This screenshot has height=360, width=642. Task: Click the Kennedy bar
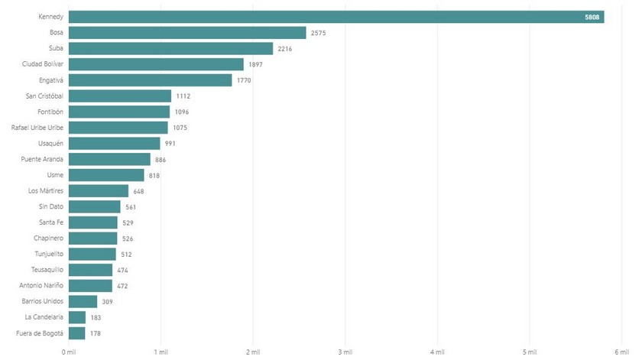pyautogui.click(x=336, y=17)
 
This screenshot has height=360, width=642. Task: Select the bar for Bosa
pyautogui.click(x=187, y=33)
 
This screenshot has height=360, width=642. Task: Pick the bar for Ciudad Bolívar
pyautogui.click(x=156, y=64)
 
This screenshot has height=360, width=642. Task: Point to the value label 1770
pyautogui.click(x=244, y=80)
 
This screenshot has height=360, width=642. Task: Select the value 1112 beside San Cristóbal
pyautogui.click(x=183, y=96)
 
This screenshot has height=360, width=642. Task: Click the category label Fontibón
pyautogui.click(x=50, y=112)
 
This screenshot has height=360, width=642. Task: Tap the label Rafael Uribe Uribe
pyautogui.click(x=37, y=128)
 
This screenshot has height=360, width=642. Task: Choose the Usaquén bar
pyautogui.click(x=115, y=144)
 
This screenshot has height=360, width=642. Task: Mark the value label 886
pyautogui.click(x=160, y=160)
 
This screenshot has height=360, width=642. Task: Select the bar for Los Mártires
pyautogui.click(x=99, y=191)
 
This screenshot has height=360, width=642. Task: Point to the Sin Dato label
pyautogui.click(x=51, y=206)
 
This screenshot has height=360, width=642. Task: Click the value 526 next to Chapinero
pyautogui.click(x=128, y=238)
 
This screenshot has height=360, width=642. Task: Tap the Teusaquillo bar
pyautogui.click(x=90, y=270)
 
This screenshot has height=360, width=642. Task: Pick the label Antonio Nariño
pyautogui.click(x=42, y=286)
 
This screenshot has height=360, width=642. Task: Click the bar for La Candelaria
pyautogui.click(x=77, y=317)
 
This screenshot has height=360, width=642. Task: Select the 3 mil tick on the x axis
pyautogui.click(x=345, y=352)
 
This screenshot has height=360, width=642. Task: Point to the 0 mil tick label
pyautogui.click(x=69, y=352)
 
